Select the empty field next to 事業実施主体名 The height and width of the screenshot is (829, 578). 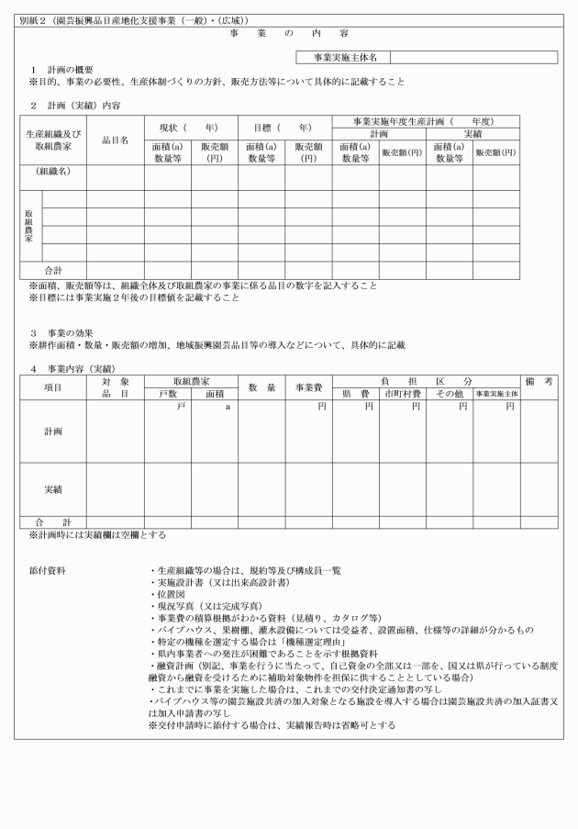[473, 57]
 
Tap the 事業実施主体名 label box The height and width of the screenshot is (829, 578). [345, 57]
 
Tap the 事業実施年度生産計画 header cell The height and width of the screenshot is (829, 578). [425, 121]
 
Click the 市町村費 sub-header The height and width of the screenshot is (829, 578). [402, 394]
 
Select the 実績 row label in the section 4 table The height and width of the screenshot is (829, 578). [53, 489]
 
